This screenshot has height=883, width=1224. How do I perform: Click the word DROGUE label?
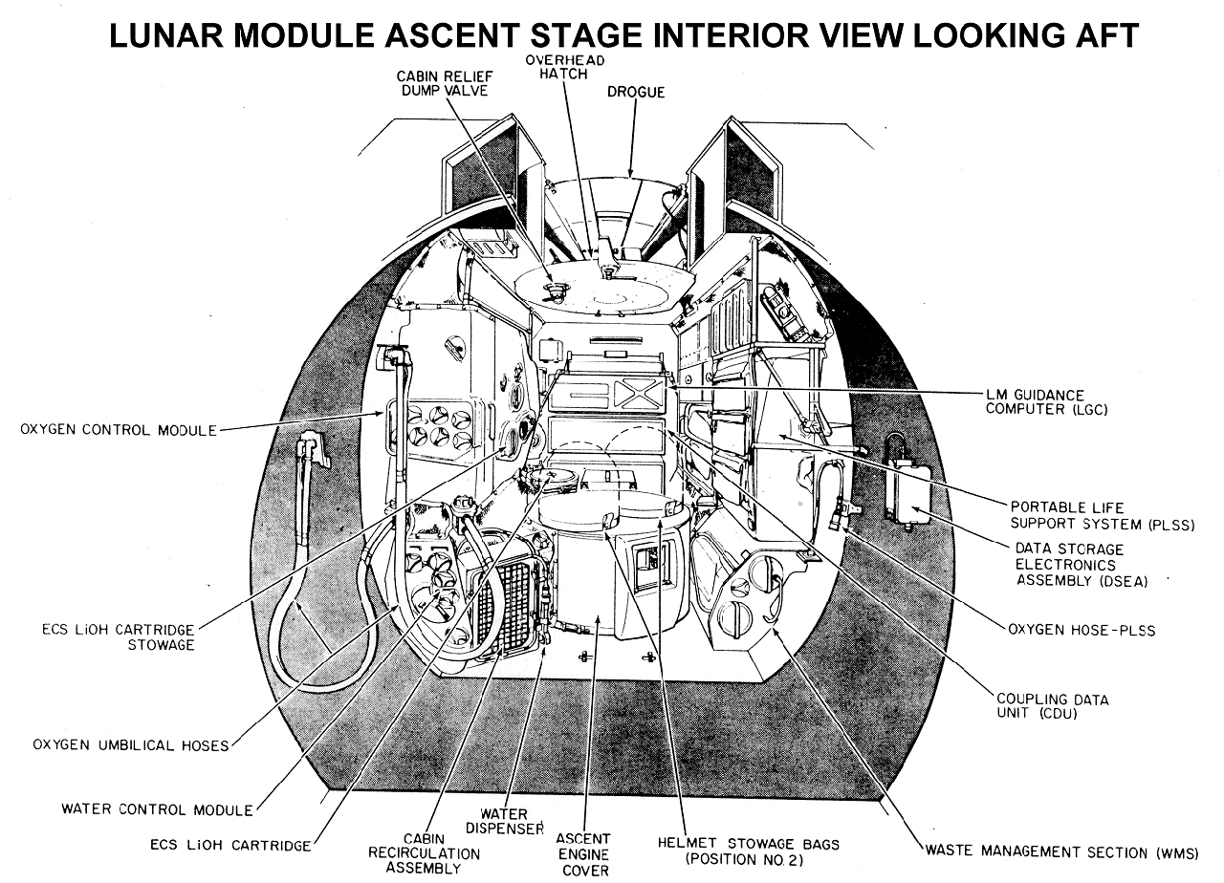tap(636, 92)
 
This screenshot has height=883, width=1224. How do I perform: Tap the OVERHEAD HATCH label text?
tap(565, 67)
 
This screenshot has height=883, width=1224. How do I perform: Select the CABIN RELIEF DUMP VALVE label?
tap(445, 83)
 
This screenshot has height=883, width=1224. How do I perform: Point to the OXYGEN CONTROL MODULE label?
tap(119, 430)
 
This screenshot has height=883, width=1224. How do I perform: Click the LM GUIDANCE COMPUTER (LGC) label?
tap(1046, 402)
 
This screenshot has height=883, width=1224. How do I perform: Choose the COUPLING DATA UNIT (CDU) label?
tap(1053, 706)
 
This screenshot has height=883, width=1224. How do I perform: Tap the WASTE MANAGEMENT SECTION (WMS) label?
tap(1061, 852)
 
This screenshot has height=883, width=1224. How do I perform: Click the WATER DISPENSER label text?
tap(504, 822)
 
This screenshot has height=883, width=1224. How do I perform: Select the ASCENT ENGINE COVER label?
tap(583, 854)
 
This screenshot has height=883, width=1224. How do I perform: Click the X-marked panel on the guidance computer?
tap(638, 394)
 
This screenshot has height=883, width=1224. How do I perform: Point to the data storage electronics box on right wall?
tap(908, 490)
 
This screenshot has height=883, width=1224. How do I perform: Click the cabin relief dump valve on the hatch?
tap(557, 291)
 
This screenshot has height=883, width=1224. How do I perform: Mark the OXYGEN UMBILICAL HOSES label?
tap(131, 744)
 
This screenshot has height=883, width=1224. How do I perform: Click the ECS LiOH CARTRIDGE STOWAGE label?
tap(119, 636)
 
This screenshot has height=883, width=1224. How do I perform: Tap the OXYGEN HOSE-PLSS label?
tap(1082, 630)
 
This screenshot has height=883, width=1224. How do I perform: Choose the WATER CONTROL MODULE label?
tap(158, 809)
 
